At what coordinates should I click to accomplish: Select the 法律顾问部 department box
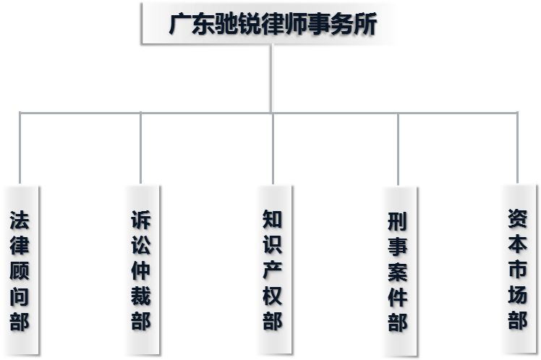pos(20,270)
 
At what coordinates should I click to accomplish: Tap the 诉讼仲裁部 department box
pos(142,270)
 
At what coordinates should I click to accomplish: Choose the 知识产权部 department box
pos(273,270)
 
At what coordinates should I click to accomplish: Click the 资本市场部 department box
pos(518,269)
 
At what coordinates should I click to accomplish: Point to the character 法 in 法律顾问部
pos(20,219)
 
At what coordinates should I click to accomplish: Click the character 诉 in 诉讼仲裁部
pos(142,220)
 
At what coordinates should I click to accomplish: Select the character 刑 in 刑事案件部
pos(398,221)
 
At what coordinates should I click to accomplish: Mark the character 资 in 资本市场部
pos(518,218)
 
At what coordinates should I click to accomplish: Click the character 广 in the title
pos(179,25)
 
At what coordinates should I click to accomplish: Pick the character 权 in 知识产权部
pos(273,295)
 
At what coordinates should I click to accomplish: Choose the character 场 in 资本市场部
pos(518,294)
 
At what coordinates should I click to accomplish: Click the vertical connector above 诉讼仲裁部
pos(141,148)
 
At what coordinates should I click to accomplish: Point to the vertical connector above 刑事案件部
pos(399,148)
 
